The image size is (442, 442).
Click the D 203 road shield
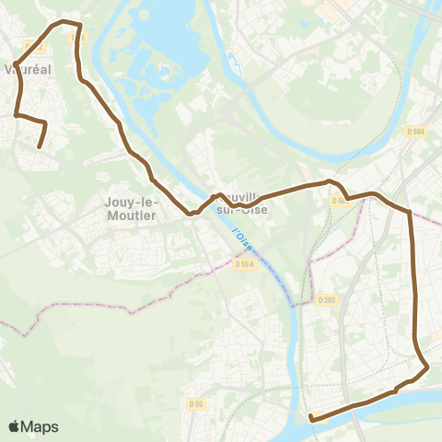[x=326, y=299]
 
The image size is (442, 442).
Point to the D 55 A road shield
[x=244, y=263]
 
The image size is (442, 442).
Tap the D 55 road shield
[x=195, y=403]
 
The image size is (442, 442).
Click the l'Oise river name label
[x=242, y=240]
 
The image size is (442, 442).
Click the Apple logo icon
[x=15, y=426]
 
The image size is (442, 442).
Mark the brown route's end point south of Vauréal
[x=39, y=146]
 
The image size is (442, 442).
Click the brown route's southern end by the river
[x=311, y=418]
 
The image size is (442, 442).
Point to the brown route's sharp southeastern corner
[x=428, y=369]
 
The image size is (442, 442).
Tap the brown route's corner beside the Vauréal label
[x=17, y=64]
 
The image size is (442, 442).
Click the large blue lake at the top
[x=161, y=46]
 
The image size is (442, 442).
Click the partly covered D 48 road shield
[x=338, y=201]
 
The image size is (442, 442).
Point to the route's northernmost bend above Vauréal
[x=63, y=20]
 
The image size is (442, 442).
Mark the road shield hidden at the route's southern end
[x=314, y=417]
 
